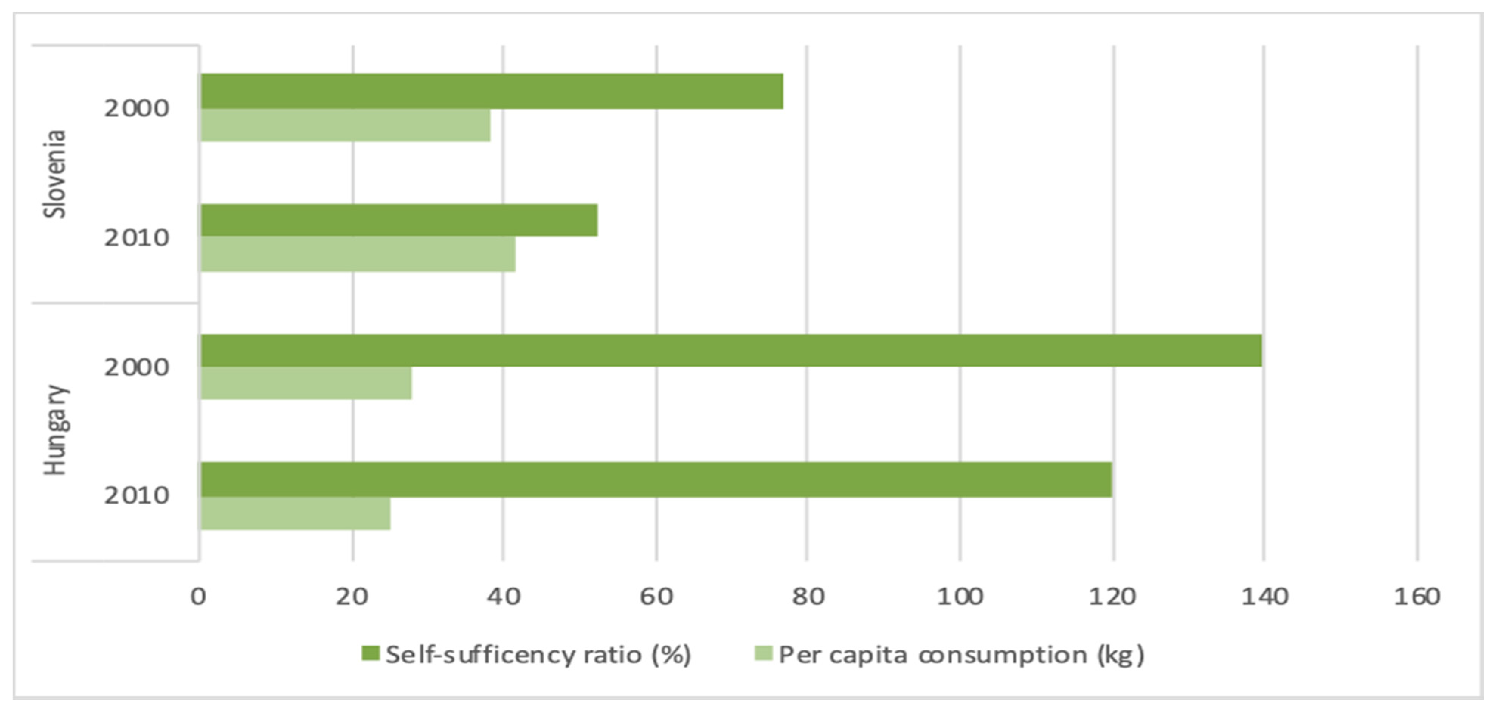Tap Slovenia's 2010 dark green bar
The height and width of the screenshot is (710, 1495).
pos(399,220)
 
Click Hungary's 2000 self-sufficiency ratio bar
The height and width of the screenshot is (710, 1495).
pos(731,350)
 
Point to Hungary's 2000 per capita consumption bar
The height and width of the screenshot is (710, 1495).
pos(306,383)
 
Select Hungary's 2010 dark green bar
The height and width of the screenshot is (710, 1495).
pos(656,479)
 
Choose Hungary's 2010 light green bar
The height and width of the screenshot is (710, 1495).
pos(295,513)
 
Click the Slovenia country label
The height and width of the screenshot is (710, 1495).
pos(56,174)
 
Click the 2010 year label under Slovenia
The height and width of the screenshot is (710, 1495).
pos(136,238)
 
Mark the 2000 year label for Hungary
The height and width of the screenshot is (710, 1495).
pos(136,367)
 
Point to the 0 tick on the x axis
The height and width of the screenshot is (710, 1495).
pos(199,596)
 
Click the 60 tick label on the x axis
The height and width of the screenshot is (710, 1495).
pos(656,596)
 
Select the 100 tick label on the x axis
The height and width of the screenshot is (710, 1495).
pos(960,596)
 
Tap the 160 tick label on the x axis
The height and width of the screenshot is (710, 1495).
pos(1417,596)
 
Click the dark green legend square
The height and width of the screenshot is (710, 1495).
pos(370,654)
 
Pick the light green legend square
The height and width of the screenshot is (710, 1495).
pos(763,654)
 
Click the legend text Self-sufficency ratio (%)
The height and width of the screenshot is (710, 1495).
pos(538,655)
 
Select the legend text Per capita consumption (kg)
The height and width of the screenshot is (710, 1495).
pos(961,655)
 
